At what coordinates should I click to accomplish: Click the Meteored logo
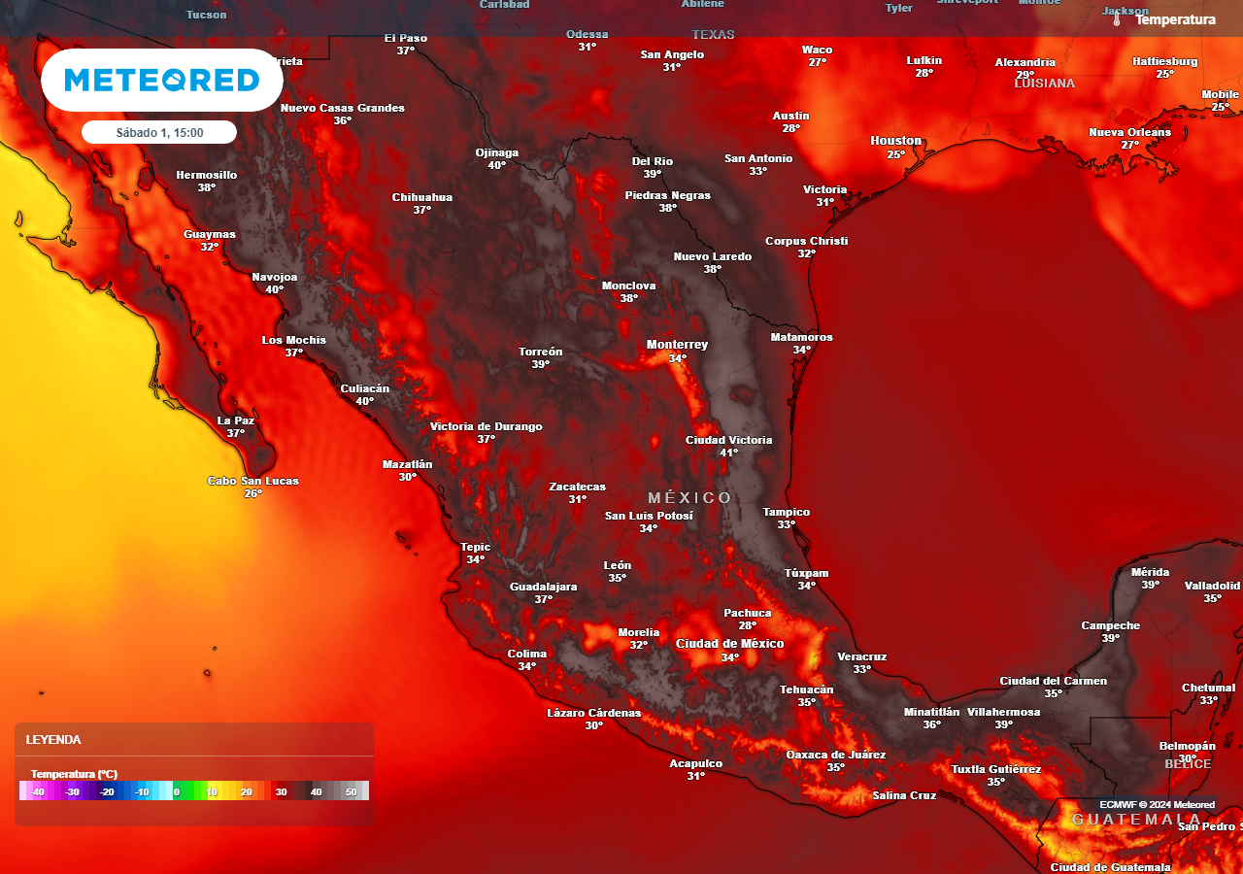click(x=161, y=80)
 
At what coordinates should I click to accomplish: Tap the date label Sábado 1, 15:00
click(x=159, y=132)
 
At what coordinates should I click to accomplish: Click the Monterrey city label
click(x=677, y=345)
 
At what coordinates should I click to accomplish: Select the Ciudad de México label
click(x=729, y=644)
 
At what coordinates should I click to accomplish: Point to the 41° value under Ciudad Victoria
click(x=728, y=453)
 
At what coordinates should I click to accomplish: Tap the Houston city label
click(x=895, y=141)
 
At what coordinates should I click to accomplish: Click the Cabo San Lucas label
click(x=252, y=481)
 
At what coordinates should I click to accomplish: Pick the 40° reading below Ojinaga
click(x=496, y=165)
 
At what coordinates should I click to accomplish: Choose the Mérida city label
click(x=1150, y=572)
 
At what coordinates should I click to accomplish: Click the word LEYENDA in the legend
click(x=53, y=739)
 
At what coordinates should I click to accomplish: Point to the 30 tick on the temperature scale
click(x=281, y=791)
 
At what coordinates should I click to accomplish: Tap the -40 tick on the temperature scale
click(x=37, y=791)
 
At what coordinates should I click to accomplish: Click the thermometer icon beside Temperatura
click(x=1118, y=19)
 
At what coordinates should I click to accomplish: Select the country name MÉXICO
click(x=689, y=498)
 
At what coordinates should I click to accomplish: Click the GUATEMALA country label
click(x=1135, y=820)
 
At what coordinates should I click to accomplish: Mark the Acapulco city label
click(x=695, y=763)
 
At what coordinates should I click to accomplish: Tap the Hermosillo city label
click(x=206, y=175)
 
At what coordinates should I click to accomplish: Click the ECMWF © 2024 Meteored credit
click(x=1157, y=804)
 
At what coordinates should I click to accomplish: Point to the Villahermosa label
click(x=1003, y=712)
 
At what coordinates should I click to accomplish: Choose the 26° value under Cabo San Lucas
click(x=252, y=493)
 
